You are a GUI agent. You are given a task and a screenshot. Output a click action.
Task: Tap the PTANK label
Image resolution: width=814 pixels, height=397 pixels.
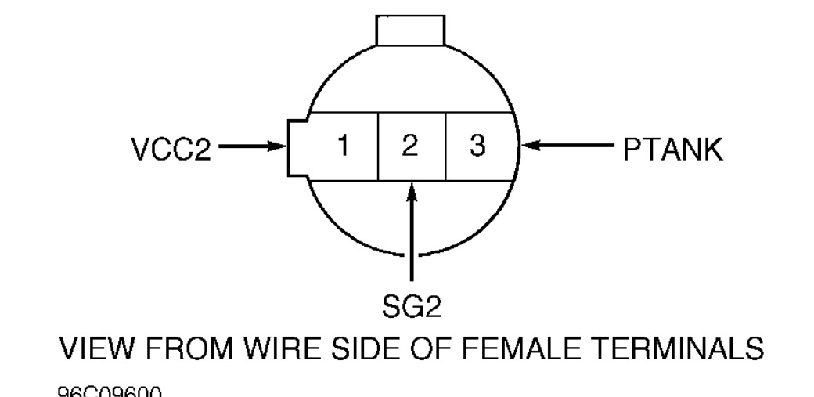pos(673,149)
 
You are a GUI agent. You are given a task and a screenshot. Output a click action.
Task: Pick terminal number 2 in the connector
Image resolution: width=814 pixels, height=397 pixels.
pos(412,147)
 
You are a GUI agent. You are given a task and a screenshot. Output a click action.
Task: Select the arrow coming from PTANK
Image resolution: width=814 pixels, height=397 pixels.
pos(567,146)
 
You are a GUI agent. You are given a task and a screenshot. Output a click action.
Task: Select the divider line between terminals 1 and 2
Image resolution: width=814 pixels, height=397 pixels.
pos(378,147)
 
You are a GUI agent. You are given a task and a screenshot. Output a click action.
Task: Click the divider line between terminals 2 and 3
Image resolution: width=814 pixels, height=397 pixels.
pos(445,147)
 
